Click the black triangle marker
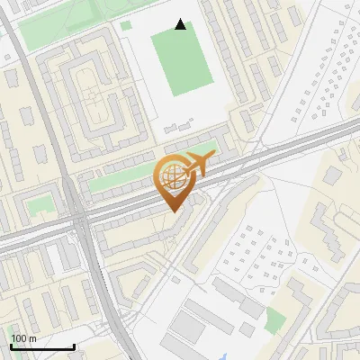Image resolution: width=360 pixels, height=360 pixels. tap(181, 24)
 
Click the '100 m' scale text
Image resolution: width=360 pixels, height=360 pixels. tap(23, 338)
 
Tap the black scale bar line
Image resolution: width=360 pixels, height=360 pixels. tap(42, 347)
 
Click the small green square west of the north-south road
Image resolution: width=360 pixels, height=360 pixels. tap(37, 207)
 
